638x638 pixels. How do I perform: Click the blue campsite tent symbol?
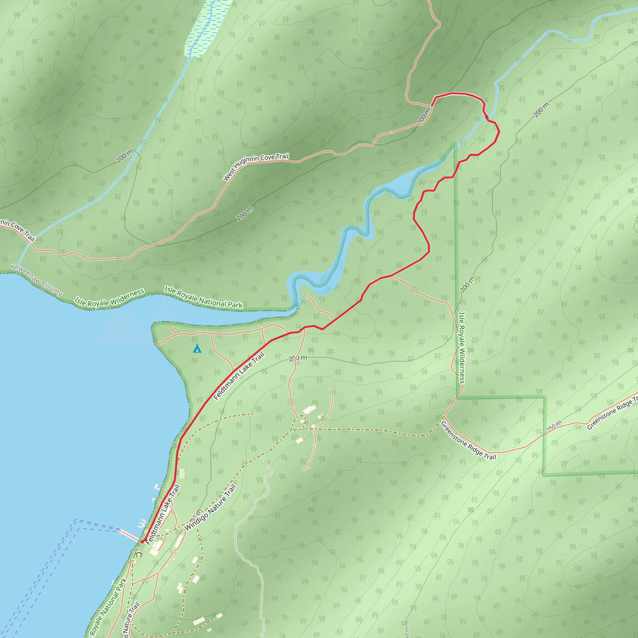coord(197,348)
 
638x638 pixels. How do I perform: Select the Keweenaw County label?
coord(37,280)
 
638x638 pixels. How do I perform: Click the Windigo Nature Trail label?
coord(210,507)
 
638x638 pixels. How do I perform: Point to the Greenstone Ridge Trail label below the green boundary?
coord(468,440)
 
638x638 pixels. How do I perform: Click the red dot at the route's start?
coord(142,541)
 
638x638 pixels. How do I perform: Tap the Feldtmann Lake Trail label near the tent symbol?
coord(239,376)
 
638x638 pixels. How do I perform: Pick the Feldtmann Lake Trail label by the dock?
coord(163,514)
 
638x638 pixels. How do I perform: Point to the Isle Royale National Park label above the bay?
coord(204,298)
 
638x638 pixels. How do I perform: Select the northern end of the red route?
coord(432,106)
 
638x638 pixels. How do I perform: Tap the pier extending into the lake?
coord(130,535)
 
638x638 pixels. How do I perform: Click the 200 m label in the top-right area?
coord(541,110)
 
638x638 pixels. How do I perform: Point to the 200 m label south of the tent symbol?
coord(298,358)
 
